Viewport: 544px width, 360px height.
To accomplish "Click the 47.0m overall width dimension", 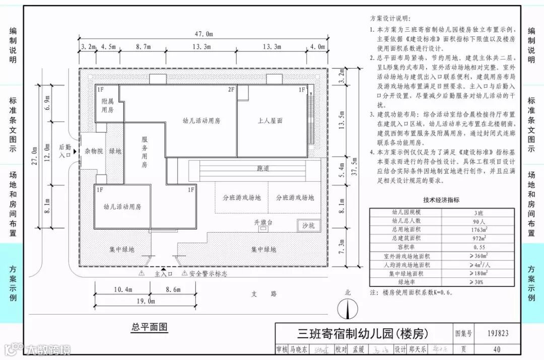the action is click(203, 34).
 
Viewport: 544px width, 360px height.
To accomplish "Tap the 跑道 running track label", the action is click(263, 169).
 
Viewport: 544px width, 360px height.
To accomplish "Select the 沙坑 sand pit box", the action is click(308, 226).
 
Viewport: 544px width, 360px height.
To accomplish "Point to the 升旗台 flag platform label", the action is click(263, 222).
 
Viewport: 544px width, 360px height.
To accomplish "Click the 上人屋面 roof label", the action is click(270, 121).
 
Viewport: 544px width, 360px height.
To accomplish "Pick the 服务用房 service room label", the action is click(144, 152).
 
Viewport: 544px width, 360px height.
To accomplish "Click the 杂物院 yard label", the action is click(94, 151).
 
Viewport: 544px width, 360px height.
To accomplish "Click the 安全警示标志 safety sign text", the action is click(208, 274).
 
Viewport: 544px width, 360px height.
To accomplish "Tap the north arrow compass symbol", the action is click(347, 307).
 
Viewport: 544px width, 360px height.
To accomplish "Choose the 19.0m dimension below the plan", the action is click(145, 301).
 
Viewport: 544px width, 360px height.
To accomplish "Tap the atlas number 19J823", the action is click(498, 333).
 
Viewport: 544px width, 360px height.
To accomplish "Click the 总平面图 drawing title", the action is click(149, 327).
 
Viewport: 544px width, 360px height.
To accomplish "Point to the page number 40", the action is click(498, 349).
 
